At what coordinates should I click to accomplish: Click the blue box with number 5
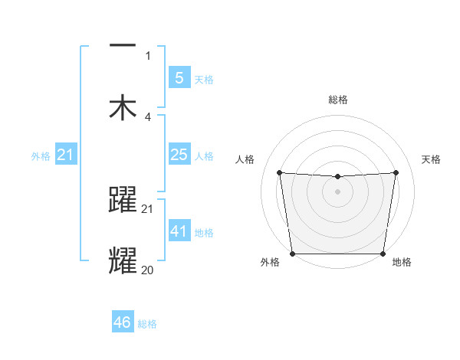(179, 77)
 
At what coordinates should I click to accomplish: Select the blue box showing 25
(179, 155)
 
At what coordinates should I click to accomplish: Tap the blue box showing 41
(179, 231)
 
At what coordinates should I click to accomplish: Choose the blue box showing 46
(123, 322)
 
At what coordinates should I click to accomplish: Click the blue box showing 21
(66, 155)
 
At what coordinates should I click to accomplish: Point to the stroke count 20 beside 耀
(148, 270)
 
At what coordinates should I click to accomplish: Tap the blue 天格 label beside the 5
(203, 80)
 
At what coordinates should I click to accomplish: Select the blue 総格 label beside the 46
(147, 325)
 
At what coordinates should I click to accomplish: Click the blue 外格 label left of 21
(41, 156)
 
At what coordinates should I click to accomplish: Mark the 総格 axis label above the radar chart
(337, 100)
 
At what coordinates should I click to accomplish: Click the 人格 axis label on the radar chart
(246, 159)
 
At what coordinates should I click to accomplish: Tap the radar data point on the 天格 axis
(396, 172)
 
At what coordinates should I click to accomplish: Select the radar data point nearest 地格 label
(383, 254)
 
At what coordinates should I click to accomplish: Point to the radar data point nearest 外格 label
(292, 254)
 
